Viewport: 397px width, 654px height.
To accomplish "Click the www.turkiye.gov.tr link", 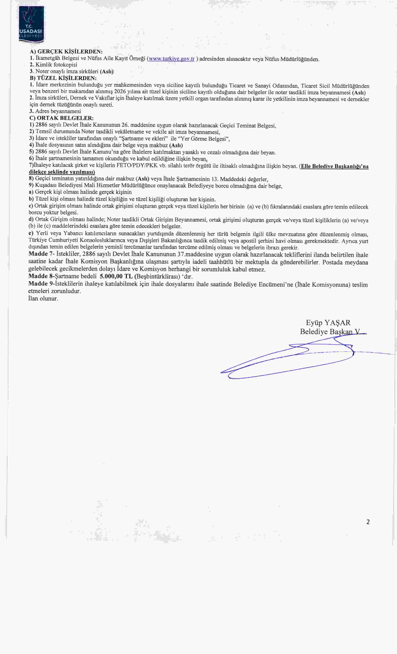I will (172, 59).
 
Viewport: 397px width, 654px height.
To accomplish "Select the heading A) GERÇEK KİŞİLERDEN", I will (66, 52).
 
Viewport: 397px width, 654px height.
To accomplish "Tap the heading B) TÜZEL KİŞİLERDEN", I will (63, 78).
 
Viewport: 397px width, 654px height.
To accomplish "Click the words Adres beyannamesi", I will (58, 111).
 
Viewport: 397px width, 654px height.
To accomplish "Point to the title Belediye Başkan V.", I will (330, 332).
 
